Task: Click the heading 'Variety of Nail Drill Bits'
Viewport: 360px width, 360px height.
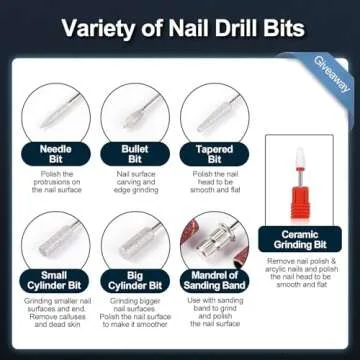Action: click(x=180, y=26)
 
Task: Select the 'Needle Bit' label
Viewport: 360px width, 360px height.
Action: click(x=55, y=154)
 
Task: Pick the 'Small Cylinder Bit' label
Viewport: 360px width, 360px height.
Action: click(x=55, y=279)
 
